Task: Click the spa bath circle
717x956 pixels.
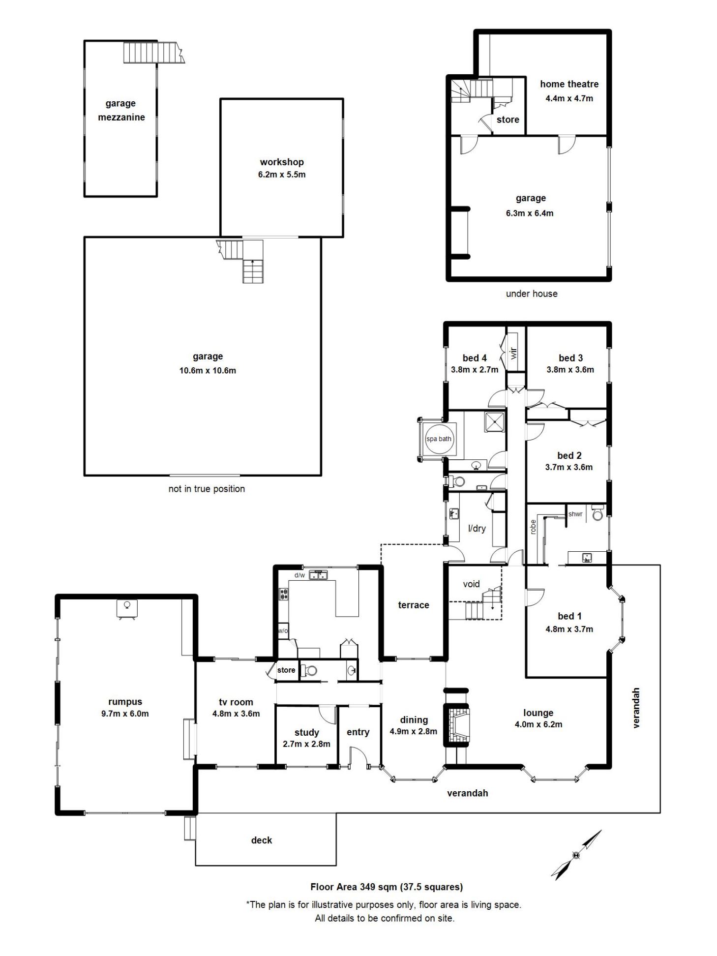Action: click(x=438, y=439)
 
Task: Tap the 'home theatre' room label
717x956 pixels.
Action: click(x=569, y=84)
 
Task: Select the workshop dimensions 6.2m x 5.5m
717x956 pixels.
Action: click(x=282, y=175)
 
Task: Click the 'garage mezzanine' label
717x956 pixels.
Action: click(x=121, y=110)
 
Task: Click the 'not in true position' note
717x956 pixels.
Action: click(x=207, y=489)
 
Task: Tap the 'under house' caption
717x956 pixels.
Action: click(x=532, y=294)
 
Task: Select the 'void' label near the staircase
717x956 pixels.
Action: click(x=471, y=584)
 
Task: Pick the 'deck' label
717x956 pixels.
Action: click(x=262, y=840)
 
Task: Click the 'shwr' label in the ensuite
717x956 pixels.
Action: click(x=575, y=514)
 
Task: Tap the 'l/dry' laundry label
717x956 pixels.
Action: click(x=477, y=529)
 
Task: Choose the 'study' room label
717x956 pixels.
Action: click(x=306, y=732)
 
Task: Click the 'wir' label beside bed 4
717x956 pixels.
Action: click(x=514, y=353)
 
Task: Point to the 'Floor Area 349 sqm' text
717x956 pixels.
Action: click(x=354, y=887)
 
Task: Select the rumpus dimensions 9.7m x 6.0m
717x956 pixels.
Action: click(x=125, y=714)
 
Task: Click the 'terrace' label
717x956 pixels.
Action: click(x=414, y=605)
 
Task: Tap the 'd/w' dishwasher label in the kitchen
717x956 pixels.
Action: click(x=299, y=575)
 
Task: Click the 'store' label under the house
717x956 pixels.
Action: click(x=508, y=119)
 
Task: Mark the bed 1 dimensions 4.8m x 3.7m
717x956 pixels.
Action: click(x=569, y=629)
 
